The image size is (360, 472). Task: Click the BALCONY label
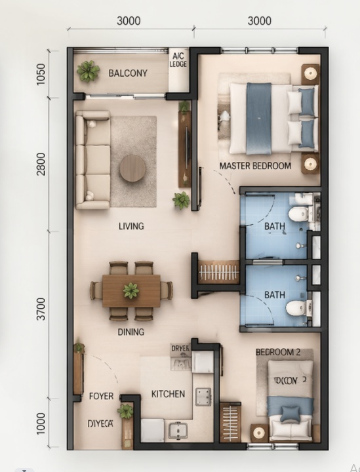click(x=128, y=73)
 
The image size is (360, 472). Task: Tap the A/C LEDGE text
click(x=178, y=60)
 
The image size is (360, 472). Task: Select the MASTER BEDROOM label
click(x=255, y=166)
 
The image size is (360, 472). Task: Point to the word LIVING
click(x=131, y=226)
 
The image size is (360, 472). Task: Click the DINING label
click(x=131, y=332)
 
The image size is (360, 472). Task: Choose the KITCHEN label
click(x=168, y=394)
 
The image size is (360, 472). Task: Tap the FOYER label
click(x=102, y=397)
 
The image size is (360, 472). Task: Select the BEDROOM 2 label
click(x=277, y=352)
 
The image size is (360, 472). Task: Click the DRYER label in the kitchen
click(x=180, y=349)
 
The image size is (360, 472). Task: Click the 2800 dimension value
click(x=41, y=164)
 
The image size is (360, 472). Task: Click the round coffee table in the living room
click(x=133, y=168)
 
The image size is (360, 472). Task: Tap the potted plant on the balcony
click(x=88, y=71)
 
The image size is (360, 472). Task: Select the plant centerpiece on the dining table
click(x=131, y=290)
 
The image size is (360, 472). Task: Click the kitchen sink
click(x=177, y=430)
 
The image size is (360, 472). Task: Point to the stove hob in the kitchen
click(x=203, y=396)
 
